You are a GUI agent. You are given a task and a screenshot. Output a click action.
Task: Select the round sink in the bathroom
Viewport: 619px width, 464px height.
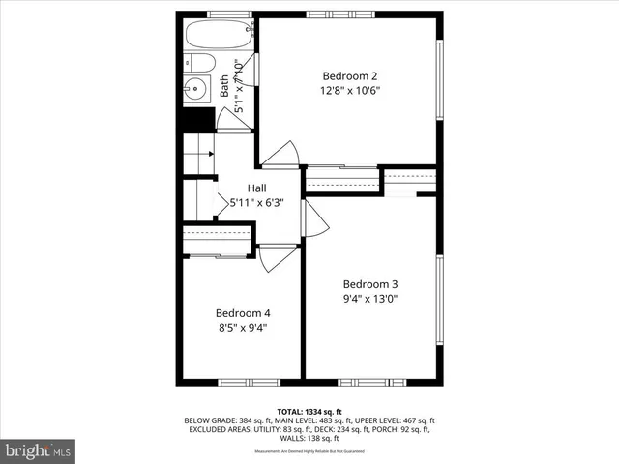(196, 90)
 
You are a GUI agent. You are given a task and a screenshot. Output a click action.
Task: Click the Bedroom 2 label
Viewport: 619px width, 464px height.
(349, 76)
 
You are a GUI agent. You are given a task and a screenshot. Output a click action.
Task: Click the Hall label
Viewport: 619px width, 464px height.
(257, 188)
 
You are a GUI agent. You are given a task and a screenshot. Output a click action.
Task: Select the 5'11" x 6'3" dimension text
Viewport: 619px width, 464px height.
(257, 203)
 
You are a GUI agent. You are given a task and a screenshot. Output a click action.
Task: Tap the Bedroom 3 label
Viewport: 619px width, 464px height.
(370, 284)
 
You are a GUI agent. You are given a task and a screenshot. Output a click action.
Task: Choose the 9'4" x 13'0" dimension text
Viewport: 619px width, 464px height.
(370, 299)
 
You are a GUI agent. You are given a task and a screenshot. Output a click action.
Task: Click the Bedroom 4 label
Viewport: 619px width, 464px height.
(242, 313)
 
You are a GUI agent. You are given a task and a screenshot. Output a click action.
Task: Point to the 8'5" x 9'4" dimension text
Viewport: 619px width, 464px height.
(242, 328)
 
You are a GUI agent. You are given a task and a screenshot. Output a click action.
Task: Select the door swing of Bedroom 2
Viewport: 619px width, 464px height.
(282, 155)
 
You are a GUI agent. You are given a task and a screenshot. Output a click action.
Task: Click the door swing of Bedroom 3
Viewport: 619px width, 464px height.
(316, 219)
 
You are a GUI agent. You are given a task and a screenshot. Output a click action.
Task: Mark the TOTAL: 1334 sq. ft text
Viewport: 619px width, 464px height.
(309, 411)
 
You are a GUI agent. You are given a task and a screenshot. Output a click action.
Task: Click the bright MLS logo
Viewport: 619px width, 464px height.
(39, 450)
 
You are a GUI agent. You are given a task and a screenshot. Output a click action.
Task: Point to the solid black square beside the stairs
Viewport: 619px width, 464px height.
(196, 120)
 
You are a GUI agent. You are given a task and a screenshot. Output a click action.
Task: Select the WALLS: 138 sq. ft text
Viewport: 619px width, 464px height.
(309, 438)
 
